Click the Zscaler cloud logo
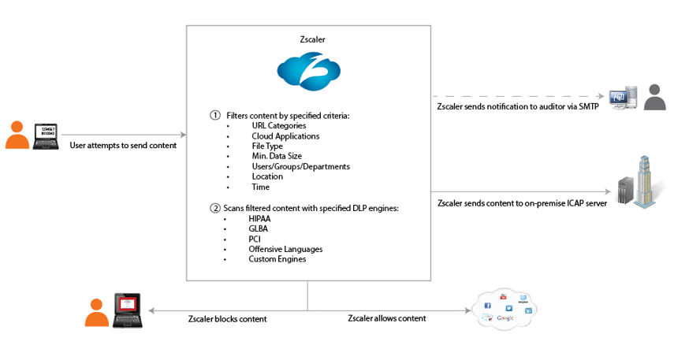tap(308, 71)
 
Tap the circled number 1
tap(214, 115)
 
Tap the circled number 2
tap(214, 208)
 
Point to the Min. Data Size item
tap(277, 156)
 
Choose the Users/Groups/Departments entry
tap(300, 166)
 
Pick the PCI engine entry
tap(255, 239)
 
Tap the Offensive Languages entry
tap(285, 249)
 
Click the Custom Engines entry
tap(277, 259)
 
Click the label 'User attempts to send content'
tap(123, 145)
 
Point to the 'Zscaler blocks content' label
tap(228, 319)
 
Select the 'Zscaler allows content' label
tap(387, 318)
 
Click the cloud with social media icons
tap(505, 307)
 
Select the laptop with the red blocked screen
tap(127, 308)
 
